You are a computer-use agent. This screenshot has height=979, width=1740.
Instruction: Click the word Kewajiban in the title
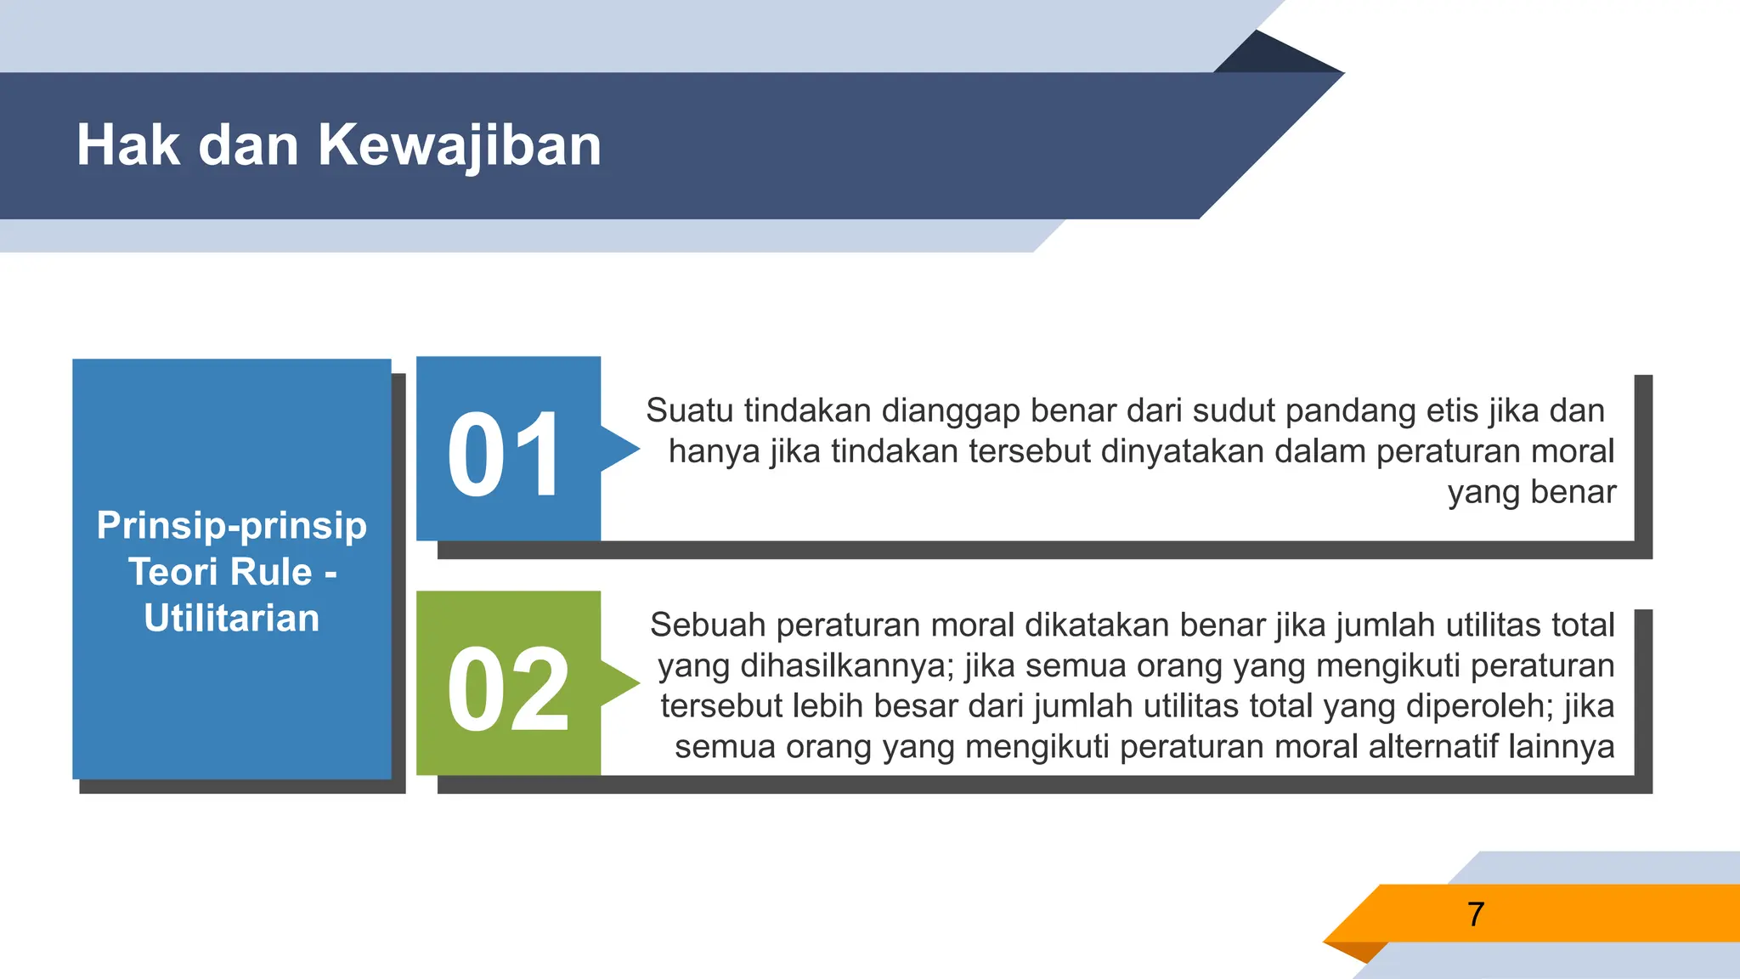(x=459, y=145)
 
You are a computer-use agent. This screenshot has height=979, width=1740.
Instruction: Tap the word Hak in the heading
(x=127, y=145)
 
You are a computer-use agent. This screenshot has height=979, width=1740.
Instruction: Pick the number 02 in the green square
(x=507, y=688)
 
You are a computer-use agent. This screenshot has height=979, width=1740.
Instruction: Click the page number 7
(x=1476, y=914)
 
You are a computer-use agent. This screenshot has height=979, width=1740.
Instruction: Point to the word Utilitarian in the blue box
(x=232, y=618)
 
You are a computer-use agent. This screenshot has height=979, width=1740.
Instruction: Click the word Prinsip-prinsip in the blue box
(x=232, y=525)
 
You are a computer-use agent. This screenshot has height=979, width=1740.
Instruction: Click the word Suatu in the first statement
(x=689, y=410)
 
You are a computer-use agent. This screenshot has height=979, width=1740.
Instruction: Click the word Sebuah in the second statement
(x=708, y=625)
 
